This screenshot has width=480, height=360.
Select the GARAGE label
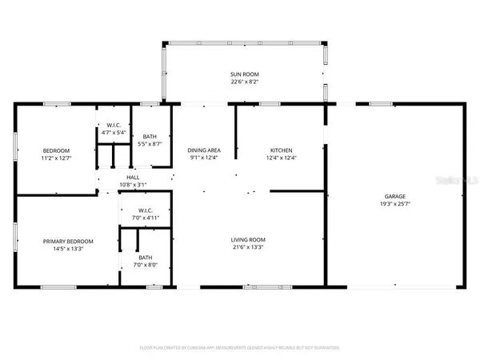click(394, 196)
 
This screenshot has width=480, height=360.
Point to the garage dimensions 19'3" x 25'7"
click(394, 204)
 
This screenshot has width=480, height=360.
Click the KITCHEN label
click(281, 150)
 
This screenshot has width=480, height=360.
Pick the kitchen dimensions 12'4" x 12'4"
click(281, 158)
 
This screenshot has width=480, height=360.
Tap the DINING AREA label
click(204, 150)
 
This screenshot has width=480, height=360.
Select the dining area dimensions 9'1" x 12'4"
click(204, 158)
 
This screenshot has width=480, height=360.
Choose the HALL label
click(133, 178)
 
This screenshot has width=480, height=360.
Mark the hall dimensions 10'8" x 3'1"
click(133, 185)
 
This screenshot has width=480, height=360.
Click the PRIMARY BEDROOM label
click(68, 241)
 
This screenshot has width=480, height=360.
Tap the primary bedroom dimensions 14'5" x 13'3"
click(68, 249)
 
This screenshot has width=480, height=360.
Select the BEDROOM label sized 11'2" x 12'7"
click(56, 150)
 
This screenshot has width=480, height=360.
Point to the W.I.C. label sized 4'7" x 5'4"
click(113, 126)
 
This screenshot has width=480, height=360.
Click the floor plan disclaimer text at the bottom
click(239, 348)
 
